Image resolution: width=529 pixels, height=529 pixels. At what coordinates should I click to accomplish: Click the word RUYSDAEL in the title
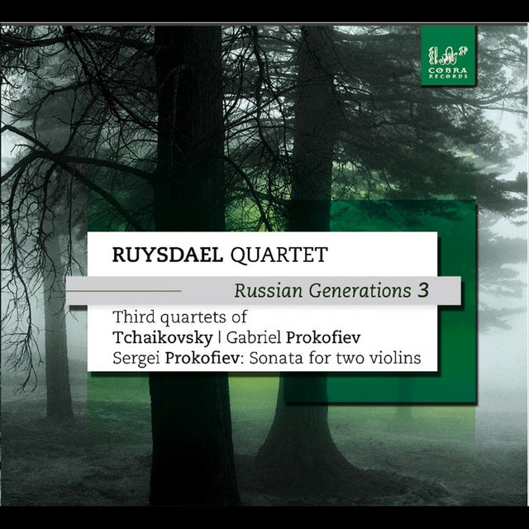[x=168, y=255]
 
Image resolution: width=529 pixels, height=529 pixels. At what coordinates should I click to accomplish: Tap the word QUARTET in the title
[x=279, y=255]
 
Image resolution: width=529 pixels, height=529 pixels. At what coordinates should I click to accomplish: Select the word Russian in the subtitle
[x=269, y=291]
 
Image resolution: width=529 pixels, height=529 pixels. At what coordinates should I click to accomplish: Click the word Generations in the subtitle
[x=360, y=291]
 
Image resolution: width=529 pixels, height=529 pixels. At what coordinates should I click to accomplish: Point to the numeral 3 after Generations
[x=423, y=291]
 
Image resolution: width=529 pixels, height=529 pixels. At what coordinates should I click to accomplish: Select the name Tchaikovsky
[x=163, y=337]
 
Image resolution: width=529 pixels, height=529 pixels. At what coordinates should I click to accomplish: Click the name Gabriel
[x=254, y=337]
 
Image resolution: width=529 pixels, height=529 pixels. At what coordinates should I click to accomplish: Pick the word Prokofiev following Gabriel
[x=323, y=337]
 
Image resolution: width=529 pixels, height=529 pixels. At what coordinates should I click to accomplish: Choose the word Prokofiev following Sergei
[x=202, y=358]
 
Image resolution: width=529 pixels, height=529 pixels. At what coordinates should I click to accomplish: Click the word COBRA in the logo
[x=448, y=70]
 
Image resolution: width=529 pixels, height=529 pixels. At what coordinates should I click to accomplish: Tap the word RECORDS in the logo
[x=448, y=77]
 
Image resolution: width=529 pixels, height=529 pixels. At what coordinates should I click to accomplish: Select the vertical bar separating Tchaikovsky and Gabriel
[x=220, y=338]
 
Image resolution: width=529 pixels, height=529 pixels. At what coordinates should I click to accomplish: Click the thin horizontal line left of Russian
[x=124, y=291]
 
